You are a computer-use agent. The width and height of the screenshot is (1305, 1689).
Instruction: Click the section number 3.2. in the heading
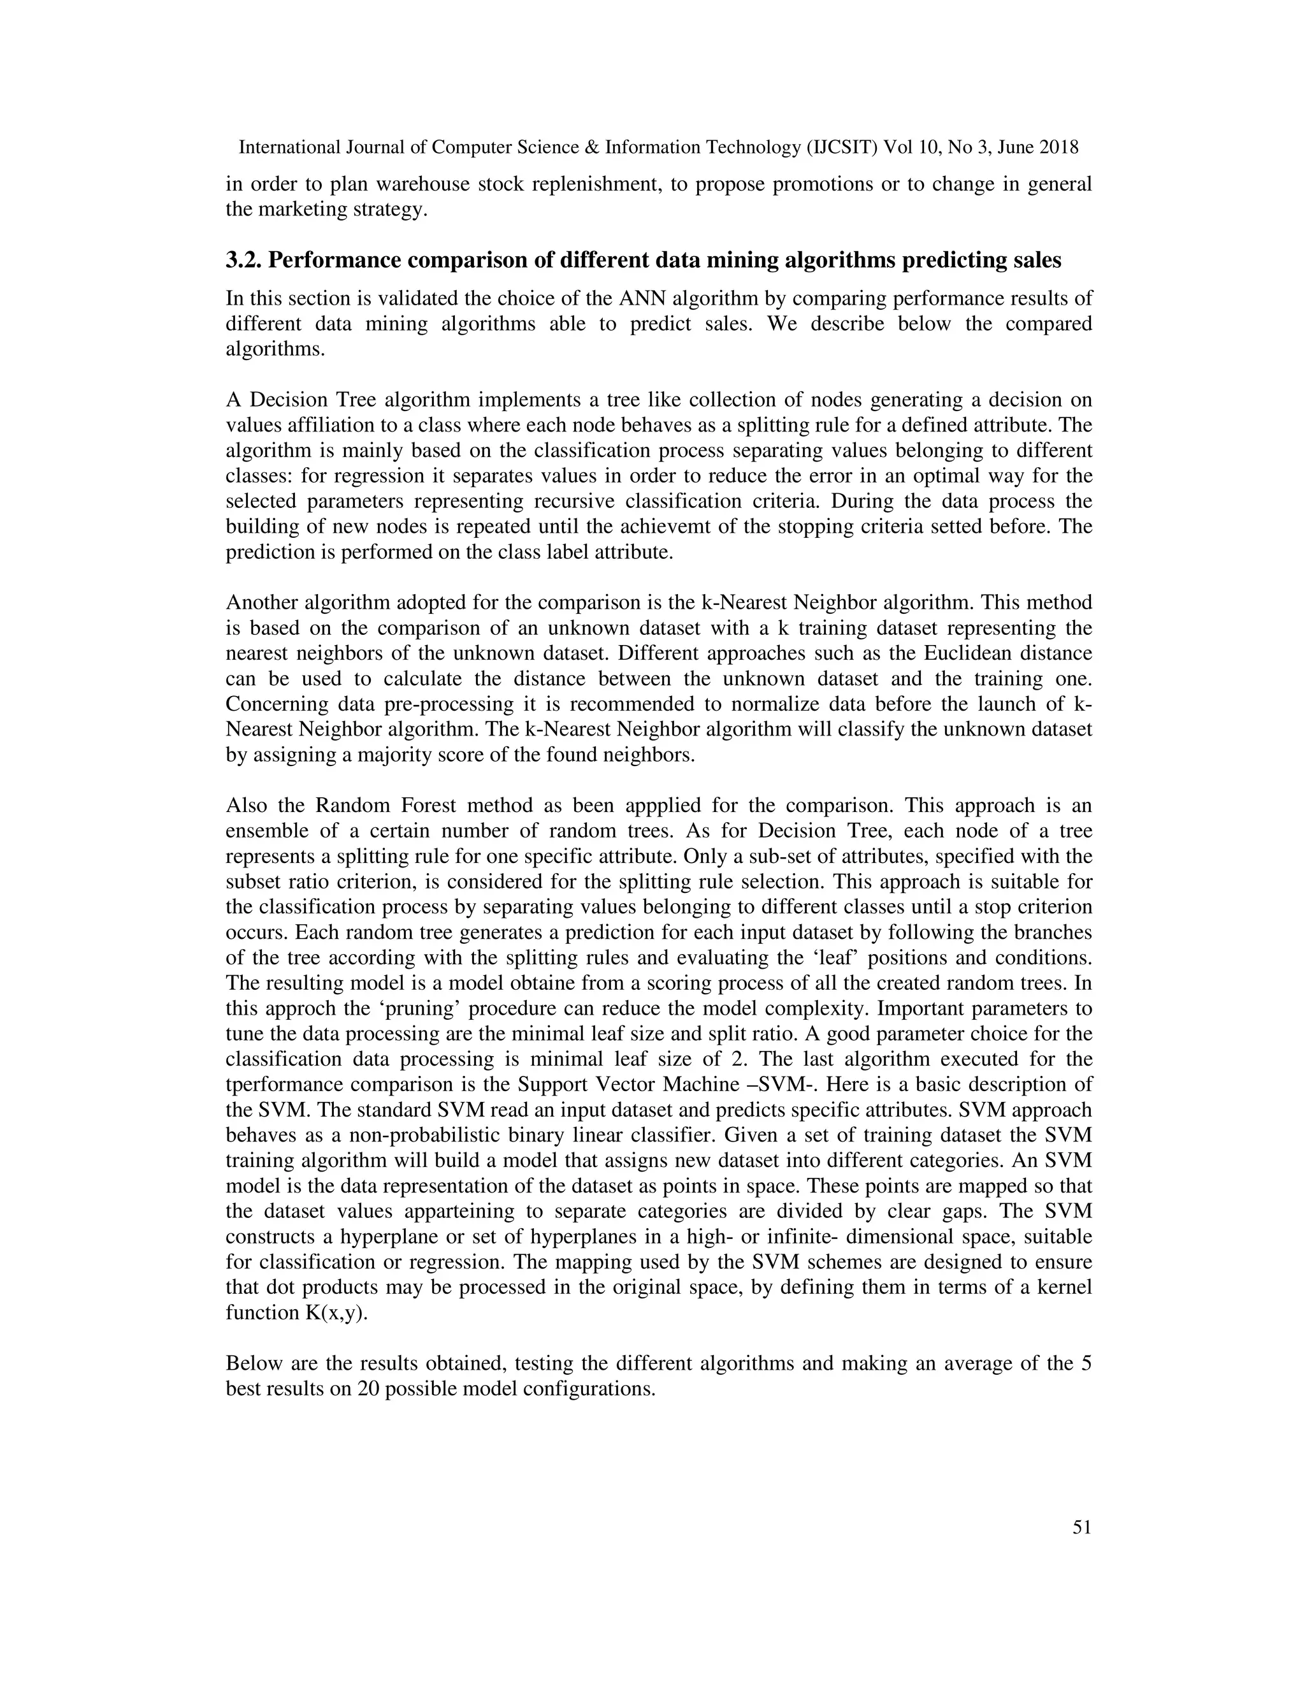243,261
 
